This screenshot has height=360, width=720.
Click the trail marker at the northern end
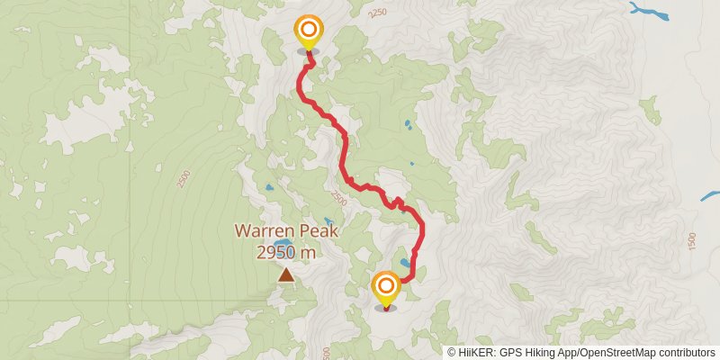(308, 31)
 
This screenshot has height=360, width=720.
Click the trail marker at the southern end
(386, 288)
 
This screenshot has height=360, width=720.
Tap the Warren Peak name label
(286, 230)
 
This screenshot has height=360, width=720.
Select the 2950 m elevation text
(286, 252)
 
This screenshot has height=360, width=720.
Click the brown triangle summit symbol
(286, 275)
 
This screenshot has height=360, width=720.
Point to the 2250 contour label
(377, 13)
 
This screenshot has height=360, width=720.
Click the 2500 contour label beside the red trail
(337, 196)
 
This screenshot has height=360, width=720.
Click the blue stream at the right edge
(710, 194)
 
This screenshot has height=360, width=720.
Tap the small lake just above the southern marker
(408, 265)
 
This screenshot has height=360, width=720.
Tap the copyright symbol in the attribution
(452, 352)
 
